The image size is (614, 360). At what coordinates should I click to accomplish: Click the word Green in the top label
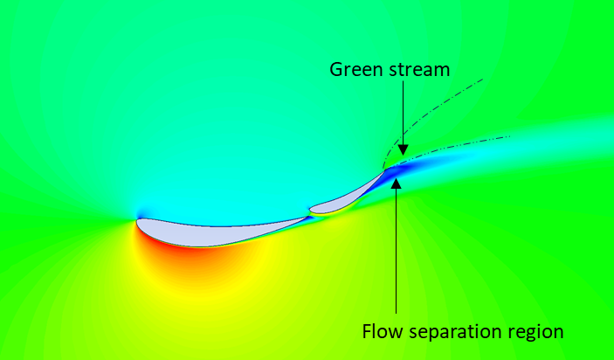[x=353, y=69]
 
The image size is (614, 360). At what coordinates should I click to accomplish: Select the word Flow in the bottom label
[x=381, y=332]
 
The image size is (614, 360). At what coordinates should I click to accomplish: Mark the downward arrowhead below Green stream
[x=401, y=150]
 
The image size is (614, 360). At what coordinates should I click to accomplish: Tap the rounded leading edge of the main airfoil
[x=138, y=222]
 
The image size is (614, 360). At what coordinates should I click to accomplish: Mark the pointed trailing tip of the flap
[x=383, y=171]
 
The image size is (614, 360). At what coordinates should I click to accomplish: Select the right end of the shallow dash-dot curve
[x=509, y=136]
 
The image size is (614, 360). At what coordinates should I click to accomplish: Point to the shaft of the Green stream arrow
[x=401, y=114]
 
